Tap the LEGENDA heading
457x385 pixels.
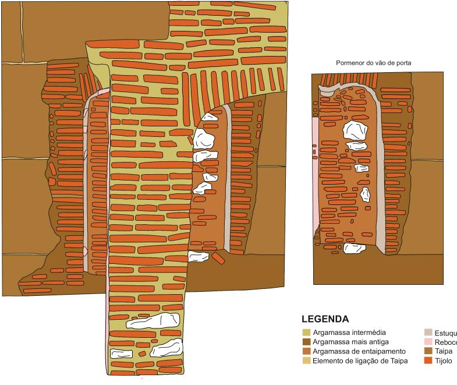pos(325,320)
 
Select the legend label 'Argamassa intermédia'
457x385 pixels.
pos(349,333)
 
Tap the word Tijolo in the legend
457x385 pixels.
pos(446,361)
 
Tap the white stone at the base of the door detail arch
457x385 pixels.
pos(355,249)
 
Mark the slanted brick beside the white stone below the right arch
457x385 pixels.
pos(217,257)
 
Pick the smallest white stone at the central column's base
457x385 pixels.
pos(121,354)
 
